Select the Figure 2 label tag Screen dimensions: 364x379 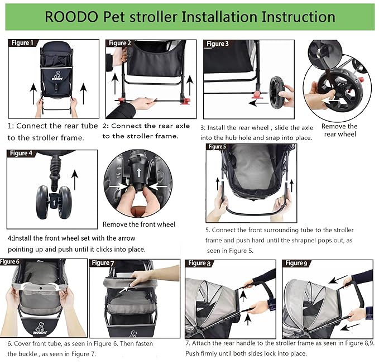tap(120, 43)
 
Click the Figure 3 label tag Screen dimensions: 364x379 tap(218, 44)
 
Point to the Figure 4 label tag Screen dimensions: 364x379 tap(22, 153)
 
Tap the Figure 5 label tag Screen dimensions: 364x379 tap(217, 147)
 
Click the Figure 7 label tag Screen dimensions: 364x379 tap(103, 263)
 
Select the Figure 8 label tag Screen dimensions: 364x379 tap(199, 263)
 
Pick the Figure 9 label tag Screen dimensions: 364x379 tap(296, 263)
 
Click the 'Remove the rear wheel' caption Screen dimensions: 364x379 tap(340, 130)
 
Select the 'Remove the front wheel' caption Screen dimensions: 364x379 tap(139, 224)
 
